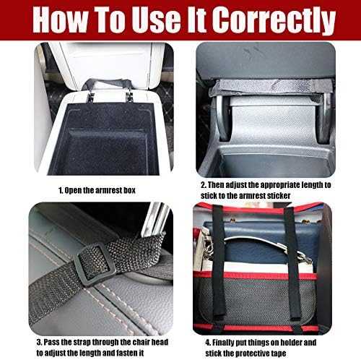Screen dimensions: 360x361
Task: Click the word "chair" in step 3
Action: (x=121, y=341)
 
